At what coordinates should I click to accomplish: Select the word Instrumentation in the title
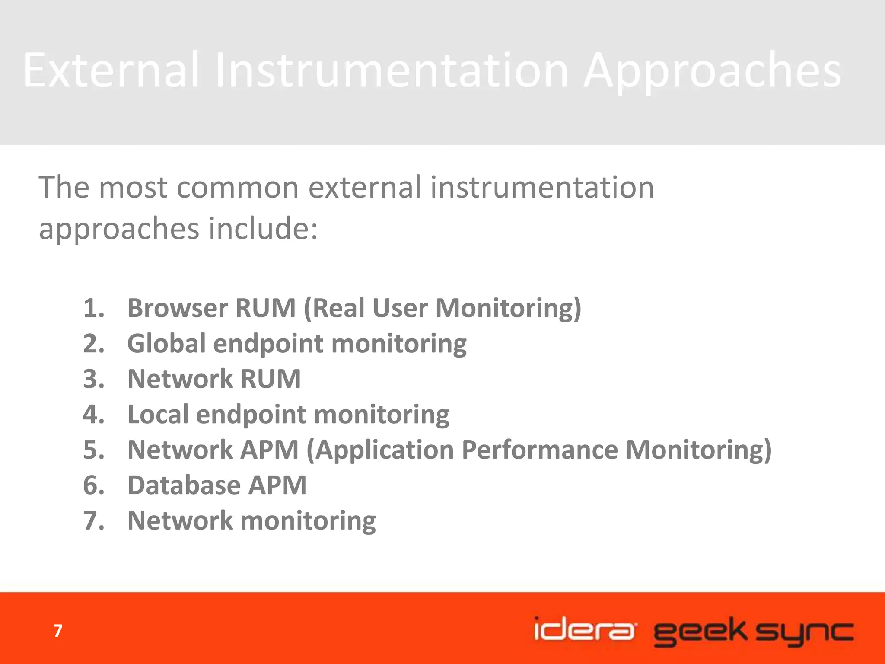pyautogui.click(x=391, y=70)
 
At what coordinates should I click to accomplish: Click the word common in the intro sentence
pyautogui.click(x=238, y=188)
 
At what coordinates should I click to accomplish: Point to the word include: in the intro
pyautogui.click(x=264, y=228)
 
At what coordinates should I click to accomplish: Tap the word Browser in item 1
pyautogui.click(x=177, y=308)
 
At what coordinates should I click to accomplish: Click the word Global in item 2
pyautogui.click(x=166, y=344)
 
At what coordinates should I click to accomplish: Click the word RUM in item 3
pyautogui.click(x=270, y=379)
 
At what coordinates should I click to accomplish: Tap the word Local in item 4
pyautogui.click(x=158, y=415)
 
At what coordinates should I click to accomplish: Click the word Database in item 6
pyautogui.click(x=184, y=485)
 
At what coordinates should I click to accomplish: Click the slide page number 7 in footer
pyautogui.click(x=58, y=631)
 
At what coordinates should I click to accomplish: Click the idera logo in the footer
pyautogui.click(x=584, y=629)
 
